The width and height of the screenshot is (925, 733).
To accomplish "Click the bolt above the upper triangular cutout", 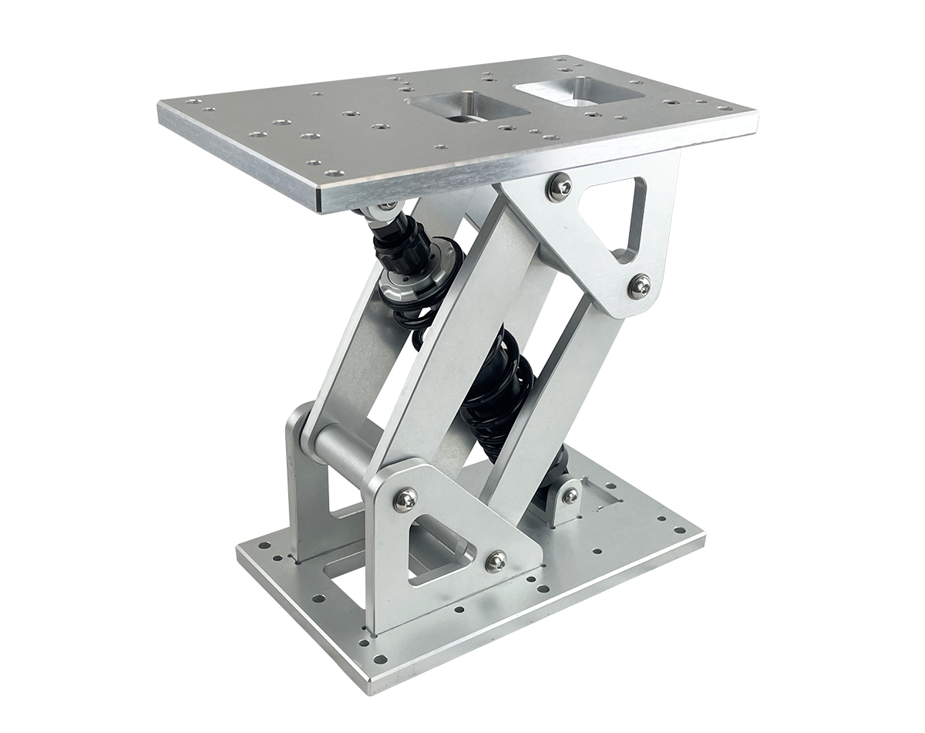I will point(560,186).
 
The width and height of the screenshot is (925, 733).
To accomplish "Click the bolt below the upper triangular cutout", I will point(639,285).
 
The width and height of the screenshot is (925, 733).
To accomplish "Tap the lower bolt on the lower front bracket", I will point(496,561).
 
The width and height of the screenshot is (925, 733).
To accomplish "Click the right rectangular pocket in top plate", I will point(580,90).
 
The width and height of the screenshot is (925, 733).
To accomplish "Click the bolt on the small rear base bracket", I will point(570,495).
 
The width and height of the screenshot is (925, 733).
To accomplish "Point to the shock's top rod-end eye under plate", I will point(382,209).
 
